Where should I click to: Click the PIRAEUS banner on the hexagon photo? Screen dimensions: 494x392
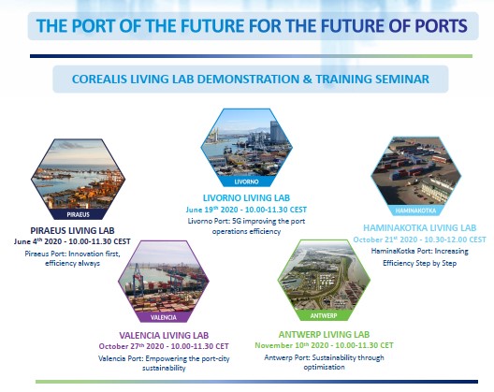pyautogui.click(x=79, y=214)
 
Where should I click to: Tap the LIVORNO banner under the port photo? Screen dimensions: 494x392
pyautogui.click(x=246, y=181)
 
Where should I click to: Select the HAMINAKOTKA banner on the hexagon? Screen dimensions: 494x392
pyautogui.click(x=415, y=211)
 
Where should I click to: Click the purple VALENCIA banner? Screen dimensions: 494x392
pyautogui.click(x=163, y=317)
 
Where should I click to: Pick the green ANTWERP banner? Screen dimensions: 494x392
pyautogui.click(x=324, y=315)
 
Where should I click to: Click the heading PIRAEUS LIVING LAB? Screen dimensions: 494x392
pyautogui.click(x=72, y=231)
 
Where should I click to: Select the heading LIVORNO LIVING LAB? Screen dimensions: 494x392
pyautogui.click(x=246, y=198)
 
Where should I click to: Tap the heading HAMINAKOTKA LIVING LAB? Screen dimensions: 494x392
pyautogui.click(x=420, y=228)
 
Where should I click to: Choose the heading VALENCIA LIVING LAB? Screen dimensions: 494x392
pyautogui.click(x=164, y=335)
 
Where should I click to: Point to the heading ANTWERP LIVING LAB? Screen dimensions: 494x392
pyautogui.click(x=324, y=334)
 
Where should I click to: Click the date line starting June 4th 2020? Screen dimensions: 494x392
pyautogui.click(x=72, y=241)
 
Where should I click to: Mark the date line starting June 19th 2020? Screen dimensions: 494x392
pyautogui.click(x=246, y=210)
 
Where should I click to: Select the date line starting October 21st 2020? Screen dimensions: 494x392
pyautogui.click(x=419, y=240)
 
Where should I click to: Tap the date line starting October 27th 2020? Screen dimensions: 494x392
pyautogui.click(x=164, y=346)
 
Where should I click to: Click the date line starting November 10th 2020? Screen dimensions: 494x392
pyautogui.click(x=324, y=345)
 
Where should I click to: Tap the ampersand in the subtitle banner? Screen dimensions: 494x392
pyautogui.click(x=308, y=79)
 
